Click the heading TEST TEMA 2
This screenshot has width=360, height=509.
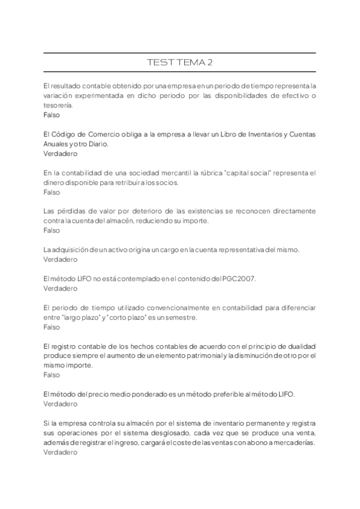(x=179, y=62)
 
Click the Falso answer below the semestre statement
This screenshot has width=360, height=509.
(x=52, y=327)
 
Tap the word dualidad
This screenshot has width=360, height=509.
(x=300, y=346)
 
